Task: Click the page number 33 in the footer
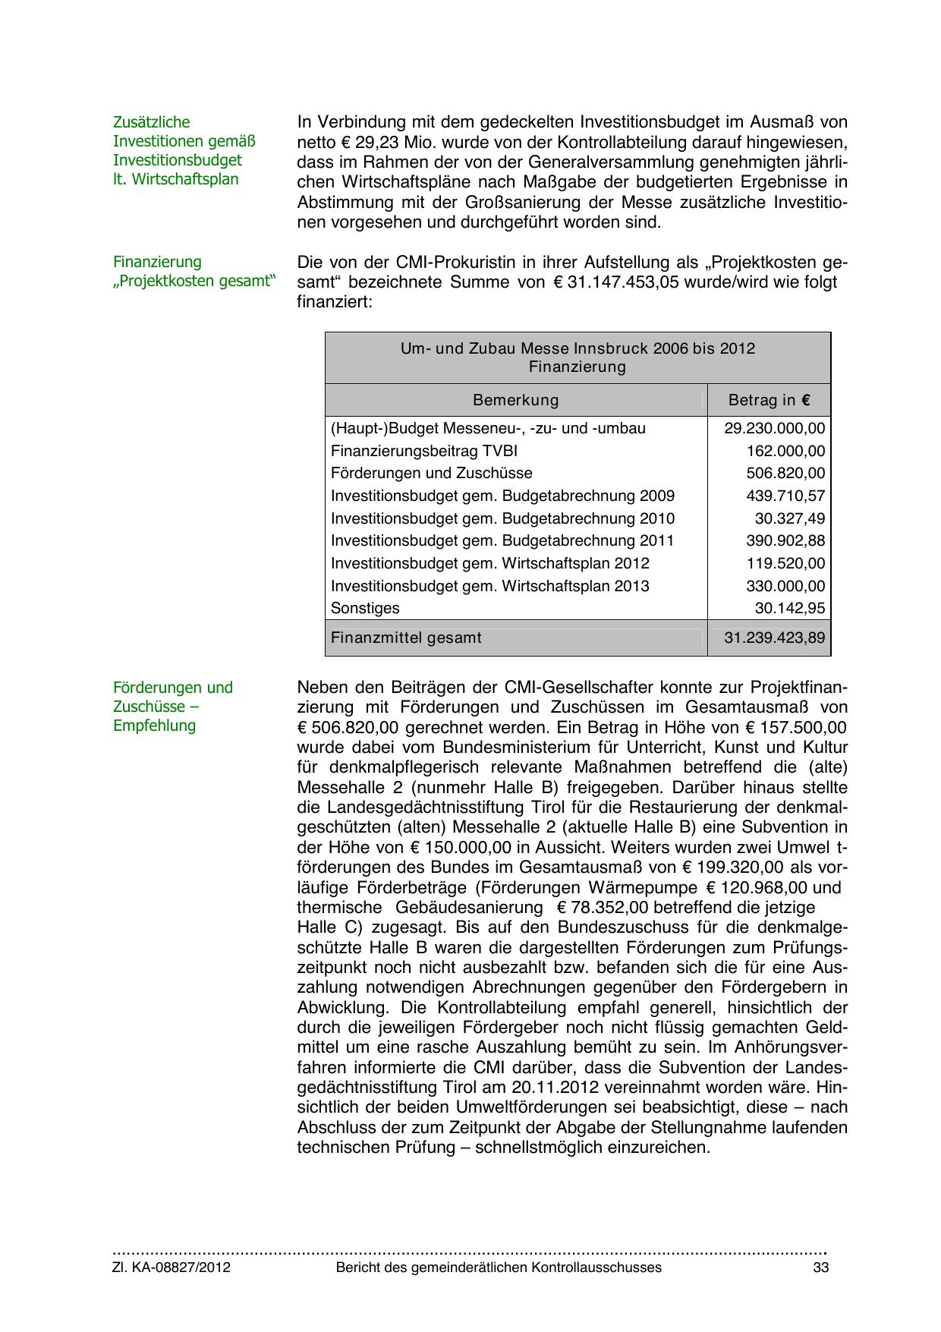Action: click(x=820, y=1267)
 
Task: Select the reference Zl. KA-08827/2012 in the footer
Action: click(x=172, y=1267)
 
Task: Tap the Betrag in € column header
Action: click(x=769, y=400)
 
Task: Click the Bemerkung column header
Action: click(x=515, y=400)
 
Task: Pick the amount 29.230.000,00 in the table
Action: click(x=774, y=428)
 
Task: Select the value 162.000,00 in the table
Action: click(x=785, y=451)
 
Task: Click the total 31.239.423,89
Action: click(x=774, y=638)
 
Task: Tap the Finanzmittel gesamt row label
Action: click(x=406, y=638)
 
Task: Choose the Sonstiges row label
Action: click(x=365, y=608)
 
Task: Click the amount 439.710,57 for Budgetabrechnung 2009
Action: click(x=785, y=496)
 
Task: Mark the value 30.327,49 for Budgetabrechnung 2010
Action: click(x=789, y=518)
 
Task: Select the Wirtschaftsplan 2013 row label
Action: click(x=489, y=586)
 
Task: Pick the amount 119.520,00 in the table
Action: click(x=785, y=563)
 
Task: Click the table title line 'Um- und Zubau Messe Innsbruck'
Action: click(x=578, y=348)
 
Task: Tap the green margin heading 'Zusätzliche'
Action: click(x=151, y=122)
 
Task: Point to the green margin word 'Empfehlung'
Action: click(x=154, y=726)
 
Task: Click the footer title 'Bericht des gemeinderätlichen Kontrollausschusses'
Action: click(x=499, y=1267)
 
